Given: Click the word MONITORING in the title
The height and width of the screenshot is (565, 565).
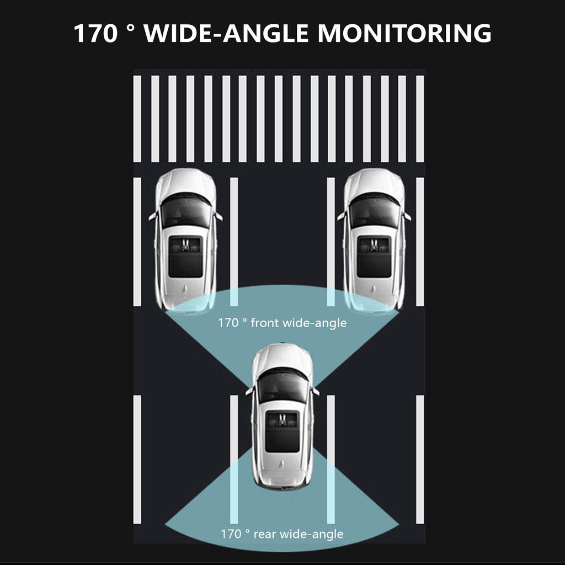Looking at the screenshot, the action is point(404,33).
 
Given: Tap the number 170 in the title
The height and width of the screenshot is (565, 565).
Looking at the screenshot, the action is point(95,33).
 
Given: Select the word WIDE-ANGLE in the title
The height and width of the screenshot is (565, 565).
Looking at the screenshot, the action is point(226,33).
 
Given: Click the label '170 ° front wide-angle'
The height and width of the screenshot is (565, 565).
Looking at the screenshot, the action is point(282,322).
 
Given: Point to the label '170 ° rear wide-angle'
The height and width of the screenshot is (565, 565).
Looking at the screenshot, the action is point(282,534).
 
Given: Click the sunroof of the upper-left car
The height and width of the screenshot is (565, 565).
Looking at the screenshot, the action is point(185,257).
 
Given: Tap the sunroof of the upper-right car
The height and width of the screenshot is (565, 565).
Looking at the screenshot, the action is point(374,257).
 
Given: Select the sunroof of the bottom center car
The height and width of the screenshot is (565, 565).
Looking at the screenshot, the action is point(282,431).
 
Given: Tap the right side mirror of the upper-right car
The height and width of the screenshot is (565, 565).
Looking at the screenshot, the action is point(407,216).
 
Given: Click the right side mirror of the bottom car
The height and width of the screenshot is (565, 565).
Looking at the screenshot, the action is point(315,391).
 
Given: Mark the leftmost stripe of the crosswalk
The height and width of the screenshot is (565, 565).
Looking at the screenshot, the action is point(137,119).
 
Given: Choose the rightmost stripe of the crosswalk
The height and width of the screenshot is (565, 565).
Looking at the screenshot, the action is point(420,119).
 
